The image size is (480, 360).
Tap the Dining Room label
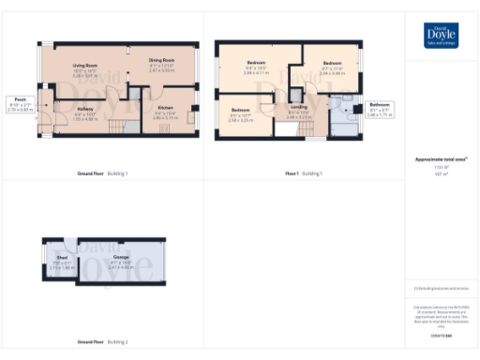point(162,64)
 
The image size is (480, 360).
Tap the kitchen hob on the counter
point(191,119)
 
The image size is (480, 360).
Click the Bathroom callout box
point(380,108)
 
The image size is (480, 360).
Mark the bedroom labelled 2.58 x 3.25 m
point(240,117)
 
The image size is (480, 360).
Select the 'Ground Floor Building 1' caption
point(102,173)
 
